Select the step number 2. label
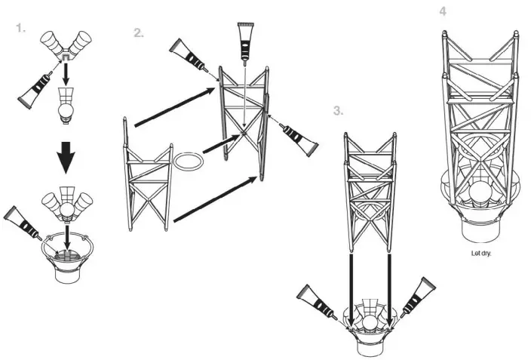click(x=138, y=32)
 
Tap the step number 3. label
click(x=338, y=110)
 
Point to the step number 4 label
click(x=443, y=11)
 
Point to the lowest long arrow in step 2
click(x=215, y=198)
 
